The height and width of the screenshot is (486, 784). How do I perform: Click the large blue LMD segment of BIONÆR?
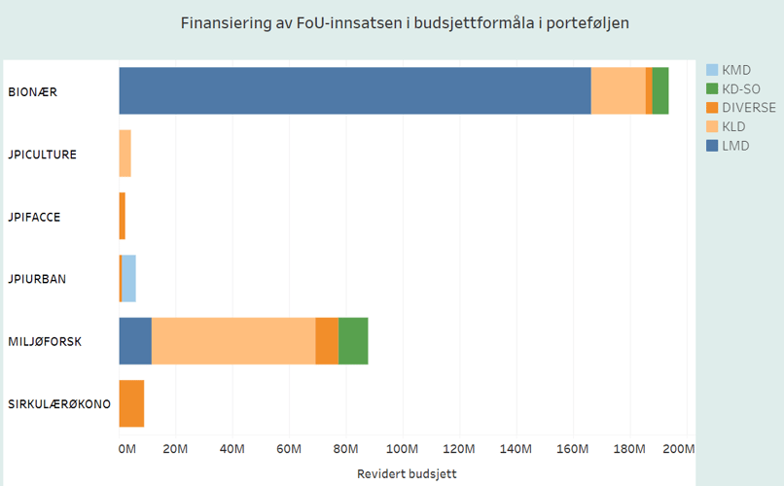click(354, 91)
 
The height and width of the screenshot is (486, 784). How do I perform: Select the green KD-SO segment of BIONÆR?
click(660, 91)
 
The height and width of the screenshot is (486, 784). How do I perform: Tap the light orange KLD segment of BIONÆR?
click(618, 91)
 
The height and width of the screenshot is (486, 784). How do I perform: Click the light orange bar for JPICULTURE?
click(125, 154)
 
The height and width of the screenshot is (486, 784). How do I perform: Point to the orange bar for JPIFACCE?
click(123, 216)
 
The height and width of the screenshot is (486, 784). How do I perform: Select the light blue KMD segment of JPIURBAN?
click(128, 278)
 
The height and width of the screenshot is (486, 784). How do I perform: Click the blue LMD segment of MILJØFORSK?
click(135, 340)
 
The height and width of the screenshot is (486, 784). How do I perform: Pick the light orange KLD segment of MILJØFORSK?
click(233, 340)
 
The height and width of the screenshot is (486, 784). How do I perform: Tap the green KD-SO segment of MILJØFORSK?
click(353, 340)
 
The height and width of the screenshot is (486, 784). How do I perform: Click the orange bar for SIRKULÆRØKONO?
click(131, 402)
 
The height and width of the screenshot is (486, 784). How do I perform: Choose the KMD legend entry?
click(735, 70)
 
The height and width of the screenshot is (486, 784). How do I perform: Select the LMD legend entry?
click(735, 146)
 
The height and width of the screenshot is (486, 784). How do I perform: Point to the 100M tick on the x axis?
click(402, 449)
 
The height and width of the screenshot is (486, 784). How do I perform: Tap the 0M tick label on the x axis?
click(127, 449)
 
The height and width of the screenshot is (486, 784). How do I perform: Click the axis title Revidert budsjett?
click(406, 473)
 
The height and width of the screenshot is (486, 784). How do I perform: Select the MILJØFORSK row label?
click(45, 341)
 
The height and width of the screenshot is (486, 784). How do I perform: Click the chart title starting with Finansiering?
click(405, 22)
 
